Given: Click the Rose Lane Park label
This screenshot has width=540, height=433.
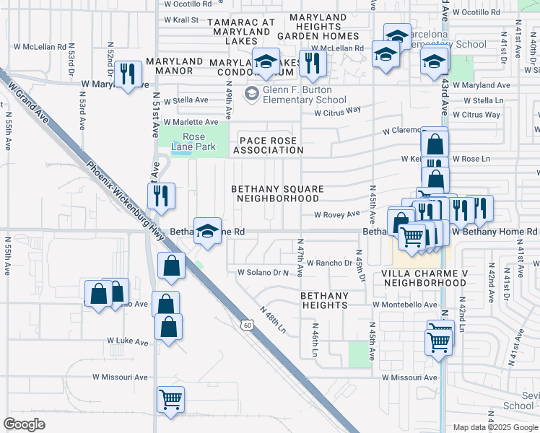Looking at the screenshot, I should tap(193, 141).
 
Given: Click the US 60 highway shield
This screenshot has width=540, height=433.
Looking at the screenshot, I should tap(247, 325).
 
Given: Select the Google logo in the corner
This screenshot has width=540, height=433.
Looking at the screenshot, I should tap(25, 424).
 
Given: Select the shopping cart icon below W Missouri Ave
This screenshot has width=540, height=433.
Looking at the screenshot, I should tap(170, 399).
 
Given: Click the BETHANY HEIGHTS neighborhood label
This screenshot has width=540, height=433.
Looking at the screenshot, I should tap(324, 300).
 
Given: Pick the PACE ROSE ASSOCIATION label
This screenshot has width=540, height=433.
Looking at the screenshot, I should tap(267, 145).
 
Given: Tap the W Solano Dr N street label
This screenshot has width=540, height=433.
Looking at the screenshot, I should tap(263, 273).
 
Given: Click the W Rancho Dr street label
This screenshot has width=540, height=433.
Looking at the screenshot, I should tap(328, 263).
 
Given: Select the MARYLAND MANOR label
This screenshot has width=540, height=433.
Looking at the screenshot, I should tap(169, 66).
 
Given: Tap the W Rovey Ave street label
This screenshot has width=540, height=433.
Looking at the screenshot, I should tap(336, 214).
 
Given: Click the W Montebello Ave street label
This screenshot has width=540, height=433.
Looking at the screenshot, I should tap(405, 305).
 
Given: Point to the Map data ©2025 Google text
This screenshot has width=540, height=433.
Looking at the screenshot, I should tap(495, 427).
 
